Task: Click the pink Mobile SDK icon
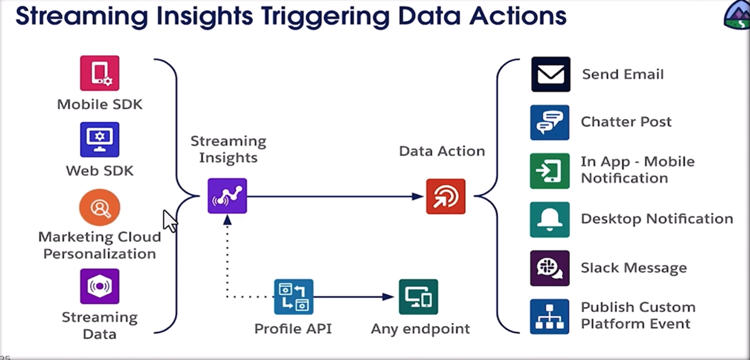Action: coord(99,73)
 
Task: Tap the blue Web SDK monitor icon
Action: coord(99,139)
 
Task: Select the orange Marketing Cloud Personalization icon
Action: coord(99,207)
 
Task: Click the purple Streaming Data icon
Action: coord(99,286)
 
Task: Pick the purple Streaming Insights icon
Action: coord(227,196)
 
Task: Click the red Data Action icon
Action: coord(446,196)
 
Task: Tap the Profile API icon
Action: coord(293,297)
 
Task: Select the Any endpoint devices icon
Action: coord(418,297)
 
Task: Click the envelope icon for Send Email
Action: coord(550,75)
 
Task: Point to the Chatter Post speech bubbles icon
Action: coord(549,123)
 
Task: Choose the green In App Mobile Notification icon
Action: coord(549,171)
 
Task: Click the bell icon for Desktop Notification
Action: coord(549,219)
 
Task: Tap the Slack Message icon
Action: coord(549,268)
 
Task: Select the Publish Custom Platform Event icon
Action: coord(549,316)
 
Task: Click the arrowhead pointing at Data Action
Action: coord(418,196)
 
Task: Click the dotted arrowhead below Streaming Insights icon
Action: coord(227,221)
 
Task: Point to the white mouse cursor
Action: coord(170,220)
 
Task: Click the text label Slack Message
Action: coord(634,268)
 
